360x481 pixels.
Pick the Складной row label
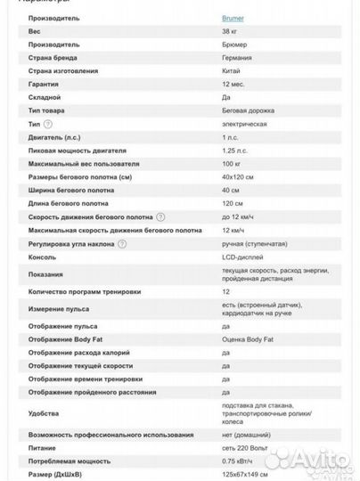[45, 96]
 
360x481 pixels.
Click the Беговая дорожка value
[249, 110]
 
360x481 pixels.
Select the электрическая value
[245, 124]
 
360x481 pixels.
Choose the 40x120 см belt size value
[239, 176]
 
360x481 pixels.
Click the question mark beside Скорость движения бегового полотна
[161, 216]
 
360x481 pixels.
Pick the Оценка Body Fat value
[248, 338]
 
